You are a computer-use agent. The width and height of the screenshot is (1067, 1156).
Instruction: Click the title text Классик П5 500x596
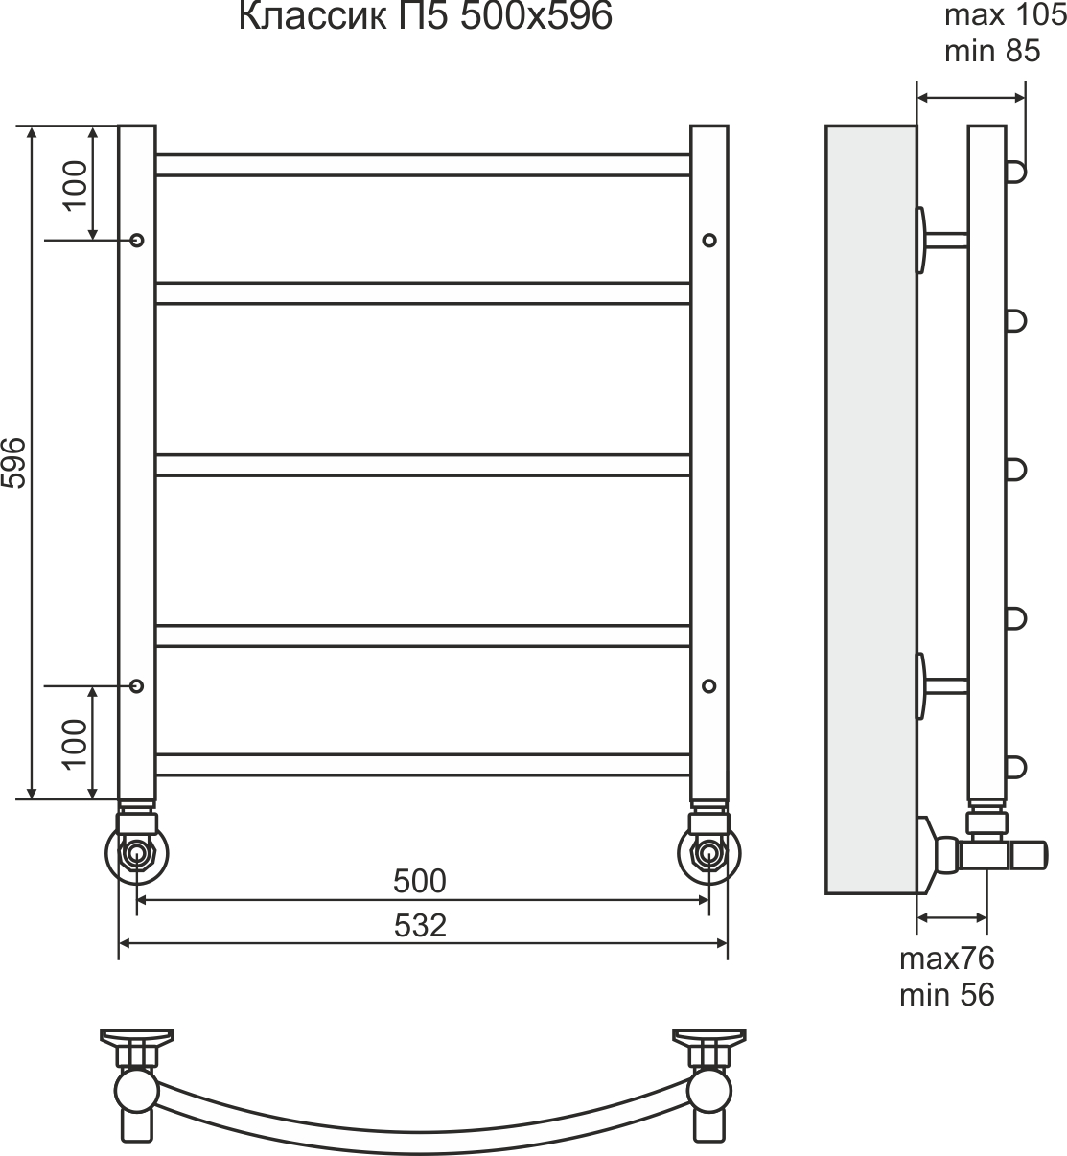coord(425,16)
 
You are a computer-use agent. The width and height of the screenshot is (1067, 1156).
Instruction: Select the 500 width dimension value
coord(419,881)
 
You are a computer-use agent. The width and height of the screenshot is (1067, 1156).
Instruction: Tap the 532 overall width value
coord(420,925)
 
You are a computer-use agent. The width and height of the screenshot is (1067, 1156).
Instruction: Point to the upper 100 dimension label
coord(75,186)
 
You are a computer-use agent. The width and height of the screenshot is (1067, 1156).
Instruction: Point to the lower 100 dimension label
coord(75,745)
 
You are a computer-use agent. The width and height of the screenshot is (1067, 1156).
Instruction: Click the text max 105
coord(1006,15)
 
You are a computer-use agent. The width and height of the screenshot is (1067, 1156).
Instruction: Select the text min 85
coord(992,51)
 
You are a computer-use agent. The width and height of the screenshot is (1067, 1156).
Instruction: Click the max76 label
coord(947,959)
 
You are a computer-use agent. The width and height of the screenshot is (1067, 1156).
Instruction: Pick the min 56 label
coord(947,995)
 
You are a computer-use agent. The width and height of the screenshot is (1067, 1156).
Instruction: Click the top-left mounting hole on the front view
coord(137,240)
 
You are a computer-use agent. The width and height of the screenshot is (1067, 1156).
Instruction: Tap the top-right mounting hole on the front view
coord(709,240)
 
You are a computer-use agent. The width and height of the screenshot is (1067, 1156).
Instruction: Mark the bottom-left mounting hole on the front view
coord(137,685)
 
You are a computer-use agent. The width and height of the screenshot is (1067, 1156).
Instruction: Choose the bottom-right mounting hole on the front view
coord(709,685)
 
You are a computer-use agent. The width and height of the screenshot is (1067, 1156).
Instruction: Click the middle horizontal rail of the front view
coord(423,466)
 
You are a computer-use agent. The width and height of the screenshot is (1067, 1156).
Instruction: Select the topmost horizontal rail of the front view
coord(423,165)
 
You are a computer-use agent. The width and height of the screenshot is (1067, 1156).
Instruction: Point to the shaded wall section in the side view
coord(871,509)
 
